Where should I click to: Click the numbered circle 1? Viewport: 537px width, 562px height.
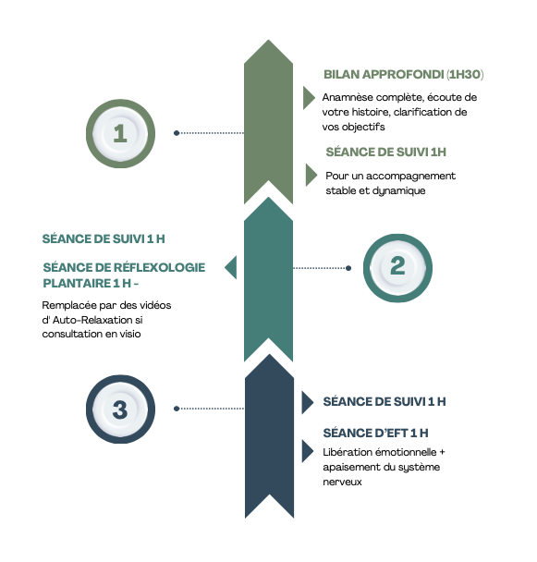[120, 133]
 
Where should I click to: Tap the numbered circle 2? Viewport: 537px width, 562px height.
[397, 268]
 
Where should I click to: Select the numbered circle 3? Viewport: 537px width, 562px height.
[120, 409]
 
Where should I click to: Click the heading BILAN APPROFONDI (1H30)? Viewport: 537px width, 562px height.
[403, 74]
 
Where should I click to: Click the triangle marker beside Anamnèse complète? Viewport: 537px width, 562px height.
[309, 97]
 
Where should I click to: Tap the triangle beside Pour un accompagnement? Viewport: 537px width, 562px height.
[311, 175]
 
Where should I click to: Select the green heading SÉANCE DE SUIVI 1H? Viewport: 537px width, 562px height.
[385, 152]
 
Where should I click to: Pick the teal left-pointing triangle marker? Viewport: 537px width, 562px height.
[231, 267]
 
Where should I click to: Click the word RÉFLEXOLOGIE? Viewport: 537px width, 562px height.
[160, 267]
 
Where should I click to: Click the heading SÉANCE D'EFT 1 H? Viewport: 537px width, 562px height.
[375, 433]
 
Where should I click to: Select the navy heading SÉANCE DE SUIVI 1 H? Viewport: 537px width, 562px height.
[384, 401]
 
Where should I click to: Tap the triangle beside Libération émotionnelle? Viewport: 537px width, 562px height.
[307, 451]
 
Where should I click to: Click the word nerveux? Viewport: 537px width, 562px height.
[342, 482]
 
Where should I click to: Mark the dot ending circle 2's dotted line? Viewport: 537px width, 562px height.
[348, 268]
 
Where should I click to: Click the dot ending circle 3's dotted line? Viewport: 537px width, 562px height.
[177, 409]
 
